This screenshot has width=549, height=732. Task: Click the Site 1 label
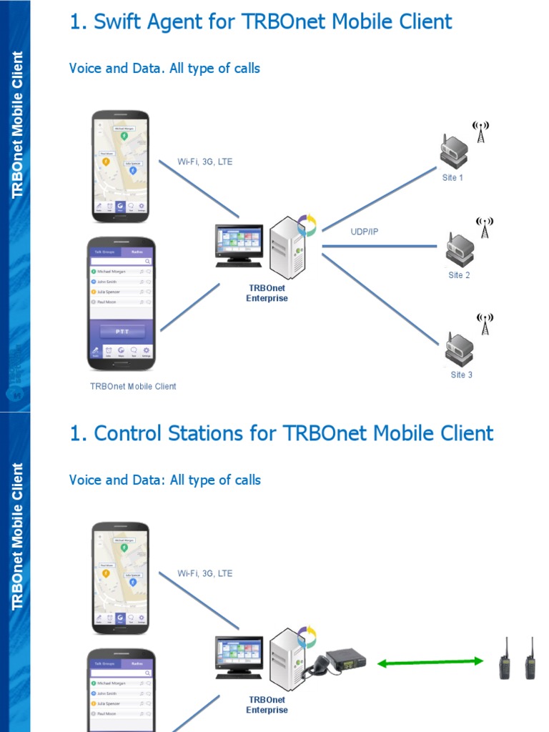point(452,177)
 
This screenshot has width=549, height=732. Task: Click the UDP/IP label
point(365,232)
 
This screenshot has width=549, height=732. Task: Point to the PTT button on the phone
point(122,332)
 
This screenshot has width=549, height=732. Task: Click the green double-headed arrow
point(430,663)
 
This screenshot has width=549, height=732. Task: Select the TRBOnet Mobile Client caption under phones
point(133,386)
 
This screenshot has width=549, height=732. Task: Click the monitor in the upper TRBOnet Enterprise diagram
point(239,243)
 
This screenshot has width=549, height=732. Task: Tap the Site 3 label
point(461,375)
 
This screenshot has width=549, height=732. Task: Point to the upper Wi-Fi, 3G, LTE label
point(204,162)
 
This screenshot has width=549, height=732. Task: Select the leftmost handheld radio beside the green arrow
point(505,658)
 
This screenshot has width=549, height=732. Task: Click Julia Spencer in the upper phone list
point(109,292)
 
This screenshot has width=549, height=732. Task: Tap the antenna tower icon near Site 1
point(481,132)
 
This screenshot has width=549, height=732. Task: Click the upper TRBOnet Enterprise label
point(267,293)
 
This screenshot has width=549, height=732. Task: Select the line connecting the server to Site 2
point(379,247)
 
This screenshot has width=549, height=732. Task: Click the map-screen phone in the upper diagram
point(120,166)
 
